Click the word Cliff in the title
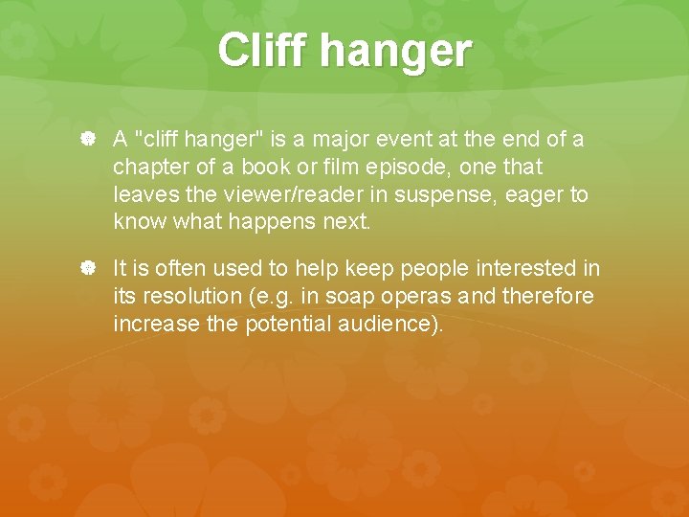[263, 50]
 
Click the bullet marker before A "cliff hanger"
[87, 140]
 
